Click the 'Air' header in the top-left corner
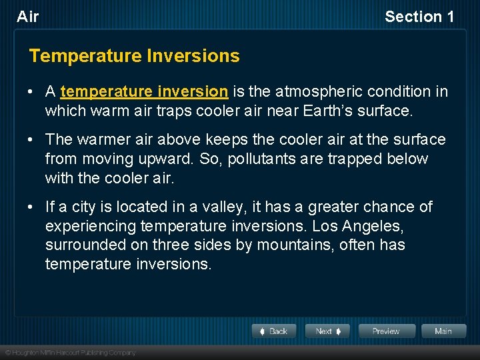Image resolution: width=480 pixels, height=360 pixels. coord(28,17)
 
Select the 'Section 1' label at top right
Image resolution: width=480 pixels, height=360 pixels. coord(419,17)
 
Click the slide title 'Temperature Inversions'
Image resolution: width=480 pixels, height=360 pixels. coord(134,56)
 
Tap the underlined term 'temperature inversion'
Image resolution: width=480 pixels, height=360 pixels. coord(144,91)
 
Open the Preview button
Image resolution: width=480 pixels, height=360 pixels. coord(387,331)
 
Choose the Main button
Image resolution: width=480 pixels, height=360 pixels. coord(443,331)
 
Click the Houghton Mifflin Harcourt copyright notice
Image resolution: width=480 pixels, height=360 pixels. coord(70,353)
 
